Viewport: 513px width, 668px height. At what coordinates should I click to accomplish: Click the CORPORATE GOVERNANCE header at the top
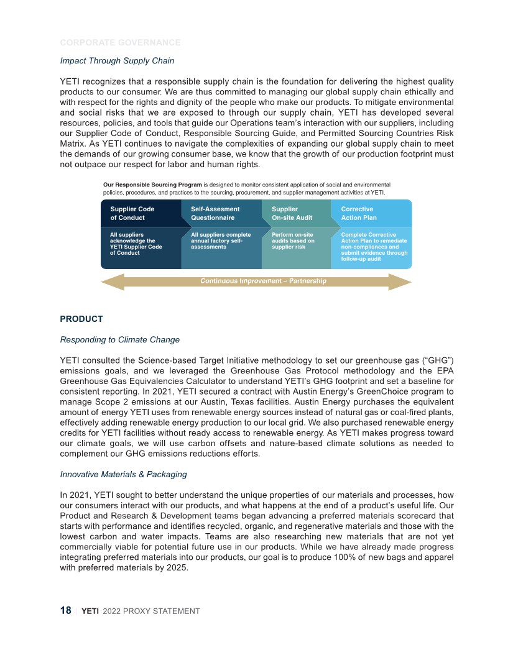(120, 43)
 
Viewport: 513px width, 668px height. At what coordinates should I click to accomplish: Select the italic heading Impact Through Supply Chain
(117, 60)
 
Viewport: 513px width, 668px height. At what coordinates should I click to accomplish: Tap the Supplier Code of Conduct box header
(132, 213)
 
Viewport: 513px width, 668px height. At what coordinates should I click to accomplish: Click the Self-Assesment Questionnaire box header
(215, 213)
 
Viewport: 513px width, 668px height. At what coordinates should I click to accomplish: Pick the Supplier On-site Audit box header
(292, 213)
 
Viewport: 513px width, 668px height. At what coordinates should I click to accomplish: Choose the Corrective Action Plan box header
(359, 213)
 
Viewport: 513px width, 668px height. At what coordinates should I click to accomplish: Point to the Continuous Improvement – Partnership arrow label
(263, 281)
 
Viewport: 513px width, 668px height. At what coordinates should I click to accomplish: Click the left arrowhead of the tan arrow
(112, 281)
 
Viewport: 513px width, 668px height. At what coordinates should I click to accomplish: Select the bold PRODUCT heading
(81, 319)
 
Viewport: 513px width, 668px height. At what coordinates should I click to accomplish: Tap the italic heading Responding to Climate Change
(119, 339)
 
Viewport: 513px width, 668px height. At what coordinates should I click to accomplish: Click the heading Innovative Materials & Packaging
(123, 474)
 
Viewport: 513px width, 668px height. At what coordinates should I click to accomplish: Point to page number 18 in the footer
(65, 611)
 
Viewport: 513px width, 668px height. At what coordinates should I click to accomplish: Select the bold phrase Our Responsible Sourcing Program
(152, 185)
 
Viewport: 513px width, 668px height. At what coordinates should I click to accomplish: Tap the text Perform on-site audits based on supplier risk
(293, 240)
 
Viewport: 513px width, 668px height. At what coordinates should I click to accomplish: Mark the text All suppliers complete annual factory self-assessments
(221, 240)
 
